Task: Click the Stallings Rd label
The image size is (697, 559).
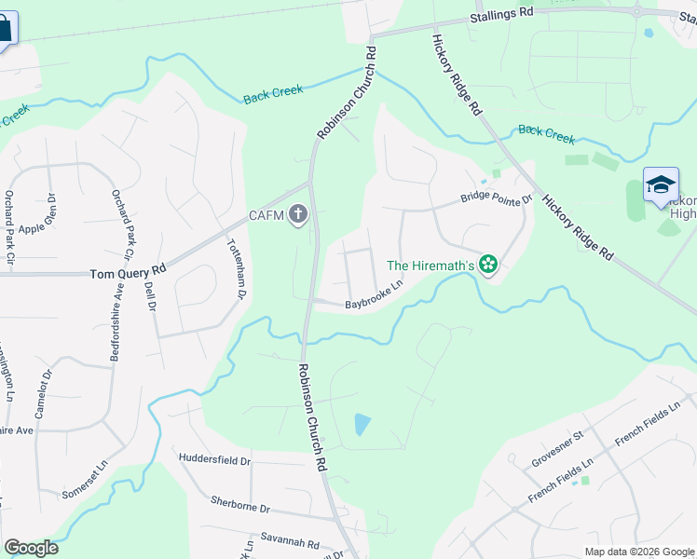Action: click(501, 12)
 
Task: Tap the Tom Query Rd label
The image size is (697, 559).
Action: click(128, 271)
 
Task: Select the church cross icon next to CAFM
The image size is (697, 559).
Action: click(298, 216)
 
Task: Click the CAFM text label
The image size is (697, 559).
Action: click(266, 217)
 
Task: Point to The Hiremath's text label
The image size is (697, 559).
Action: click(431, 266)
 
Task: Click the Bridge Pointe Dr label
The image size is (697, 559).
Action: click(497, 198)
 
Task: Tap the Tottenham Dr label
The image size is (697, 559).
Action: click(236, 268)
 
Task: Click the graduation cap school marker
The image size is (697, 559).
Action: click(661, 184)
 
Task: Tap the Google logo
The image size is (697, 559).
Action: click(31, 548)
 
